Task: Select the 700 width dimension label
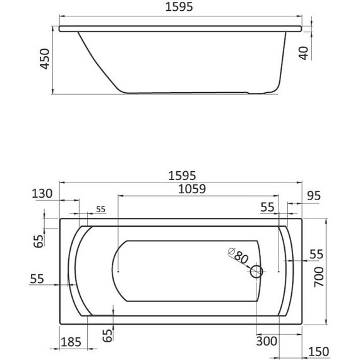point(320,275)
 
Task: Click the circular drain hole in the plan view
point(256,272)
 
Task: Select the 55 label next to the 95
point(268,207)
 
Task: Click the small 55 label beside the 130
point(100,209)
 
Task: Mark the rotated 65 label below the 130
point(39,241)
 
